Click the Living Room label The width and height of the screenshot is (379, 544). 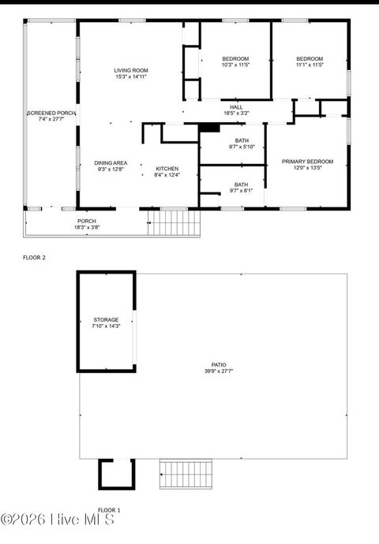131,73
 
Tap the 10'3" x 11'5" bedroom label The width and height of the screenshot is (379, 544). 235,61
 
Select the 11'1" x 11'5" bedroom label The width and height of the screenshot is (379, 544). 310,61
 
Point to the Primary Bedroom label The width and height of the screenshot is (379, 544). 308,165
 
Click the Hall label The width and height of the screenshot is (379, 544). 236,110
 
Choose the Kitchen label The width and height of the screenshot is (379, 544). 167,171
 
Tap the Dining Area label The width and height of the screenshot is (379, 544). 111,166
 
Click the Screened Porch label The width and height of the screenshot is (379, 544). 51,116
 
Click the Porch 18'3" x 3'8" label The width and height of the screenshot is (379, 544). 87,224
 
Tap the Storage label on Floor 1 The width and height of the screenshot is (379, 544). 106,322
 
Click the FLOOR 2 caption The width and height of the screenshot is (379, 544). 34,258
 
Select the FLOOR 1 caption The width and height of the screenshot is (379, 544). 109,510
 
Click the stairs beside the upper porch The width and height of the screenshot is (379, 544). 175,222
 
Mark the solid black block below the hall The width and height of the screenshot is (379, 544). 208,128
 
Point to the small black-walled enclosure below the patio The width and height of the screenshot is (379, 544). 111,474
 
